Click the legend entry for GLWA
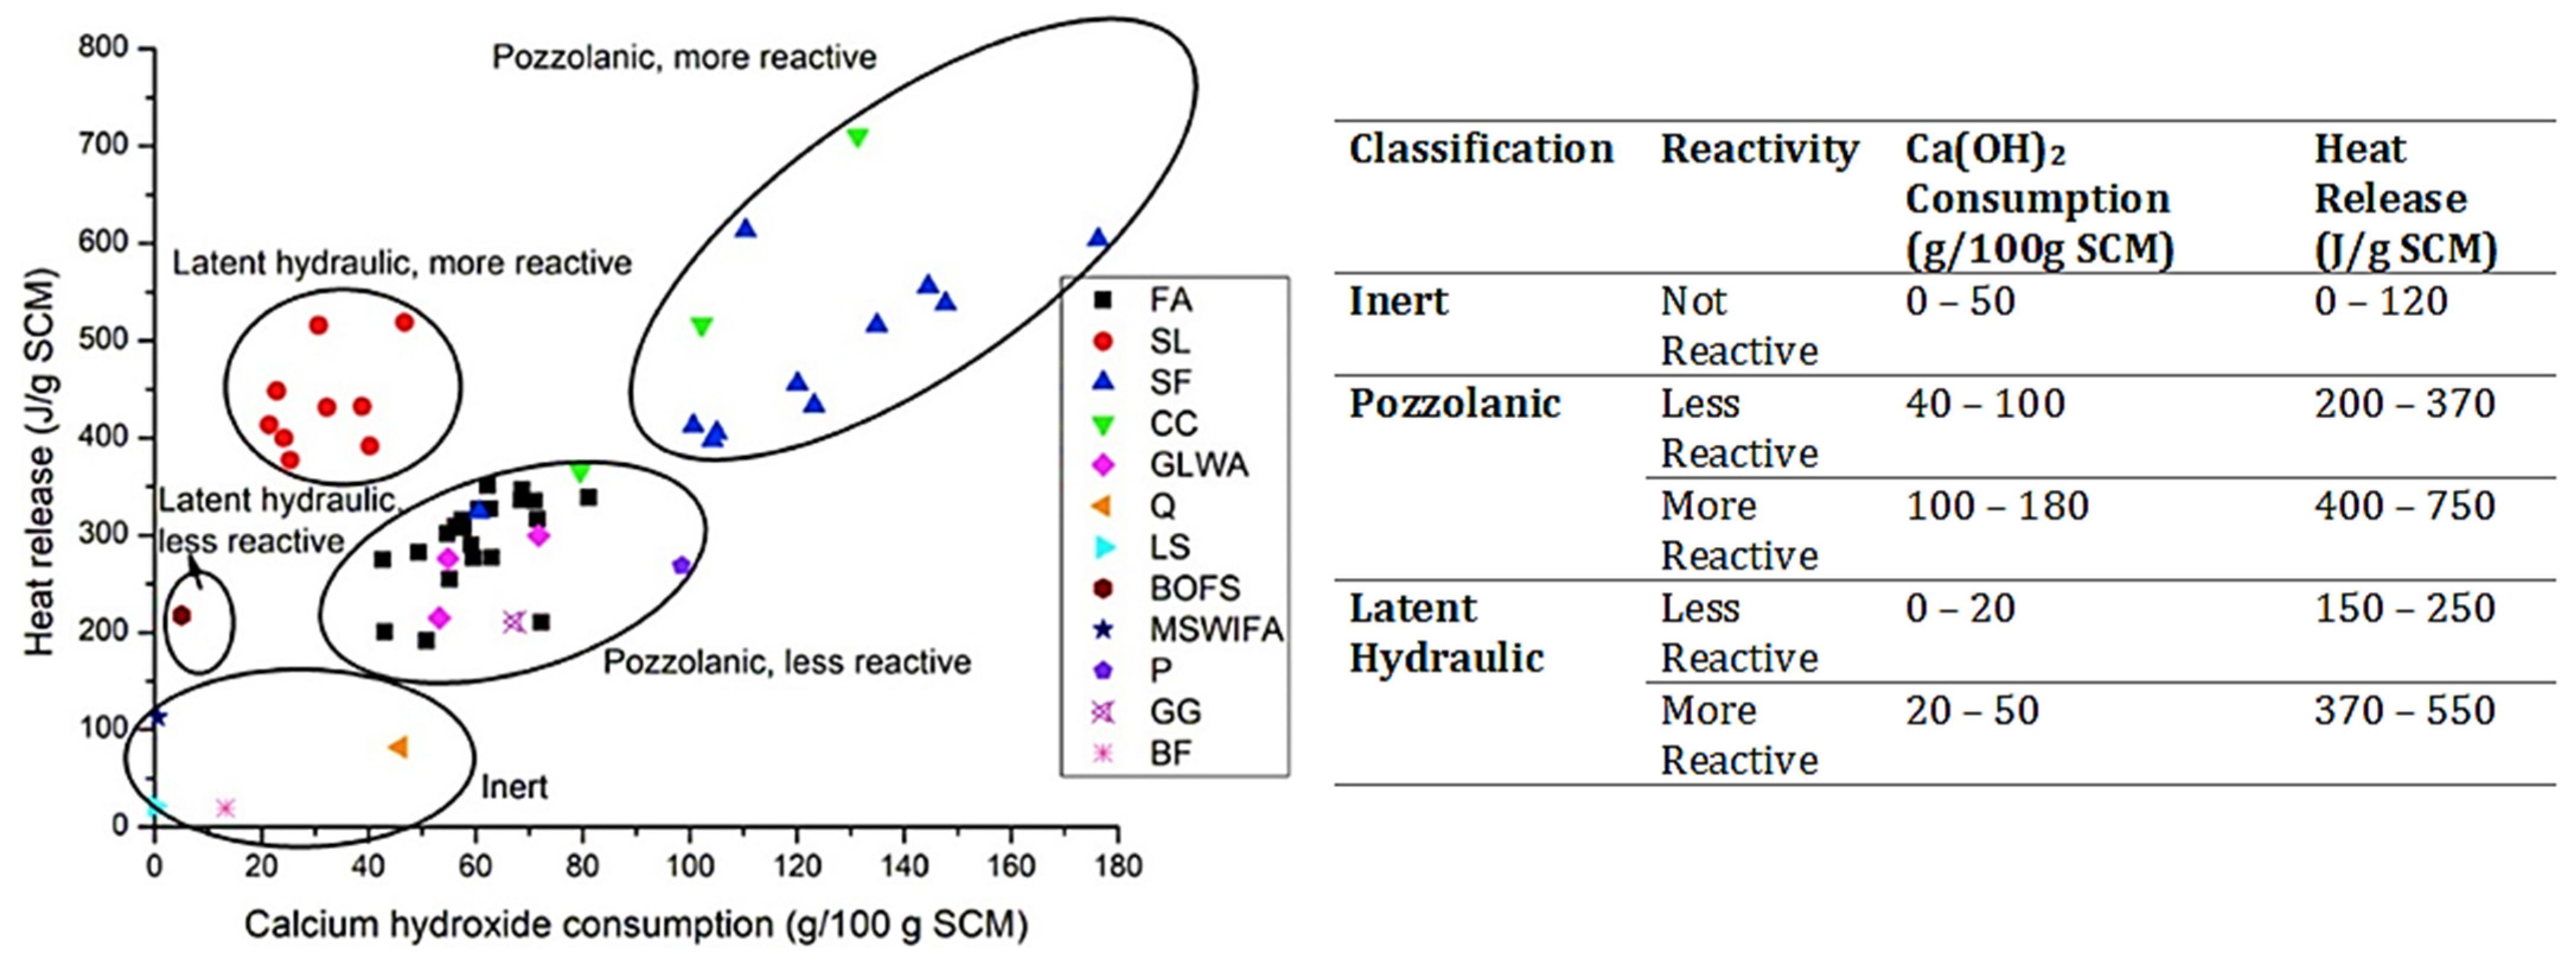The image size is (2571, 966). (1198, 465)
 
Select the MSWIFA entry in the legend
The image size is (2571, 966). (1214, 630)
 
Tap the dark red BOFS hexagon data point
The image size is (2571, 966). (181, 616)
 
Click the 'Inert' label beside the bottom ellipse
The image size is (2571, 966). (514, 788)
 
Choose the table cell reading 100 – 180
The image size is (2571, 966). (1997, 507)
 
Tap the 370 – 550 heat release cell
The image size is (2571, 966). (2404, 711)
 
